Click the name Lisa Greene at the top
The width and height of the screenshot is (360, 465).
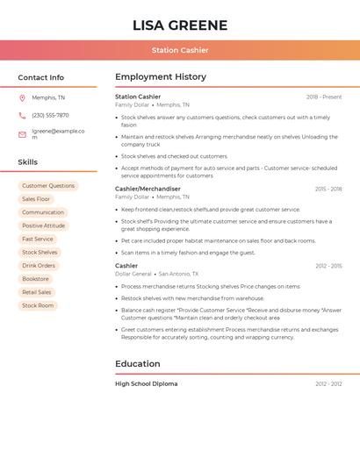tap(179, 25)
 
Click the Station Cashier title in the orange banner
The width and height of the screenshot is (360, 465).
tap(179, 50)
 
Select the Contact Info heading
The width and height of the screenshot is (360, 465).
tap(40, 77)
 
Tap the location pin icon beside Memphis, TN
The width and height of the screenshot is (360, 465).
tap(22, 97)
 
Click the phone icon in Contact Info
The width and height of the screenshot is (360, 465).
tap(22, 115)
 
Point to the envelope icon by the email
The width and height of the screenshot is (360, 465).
tap(22, 134)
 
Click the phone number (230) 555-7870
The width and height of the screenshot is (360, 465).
tap(50, 115)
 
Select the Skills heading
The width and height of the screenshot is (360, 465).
tap(27, 162)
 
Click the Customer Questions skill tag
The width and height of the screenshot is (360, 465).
tap(48, 186)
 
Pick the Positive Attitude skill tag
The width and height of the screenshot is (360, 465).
tap(44, 225)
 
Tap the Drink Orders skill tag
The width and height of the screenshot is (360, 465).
tap(39, 266)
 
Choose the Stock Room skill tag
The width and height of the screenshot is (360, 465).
tap(38, 305)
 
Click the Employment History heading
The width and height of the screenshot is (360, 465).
tap(160, 77)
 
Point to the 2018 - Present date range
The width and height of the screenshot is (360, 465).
tap(324, 97)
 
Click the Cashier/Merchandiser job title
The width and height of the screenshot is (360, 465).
tap(148, 189)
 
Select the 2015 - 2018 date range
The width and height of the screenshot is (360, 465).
tap(328, 189)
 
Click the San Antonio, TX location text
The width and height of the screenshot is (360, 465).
tap(178, 274)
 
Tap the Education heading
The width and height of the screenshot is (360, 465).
tap(137, 364)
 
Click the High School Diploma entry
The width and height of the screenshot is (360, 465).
tap(146, 383)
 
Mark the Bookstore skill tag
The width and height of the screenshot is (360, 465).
tap(36, 279)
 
